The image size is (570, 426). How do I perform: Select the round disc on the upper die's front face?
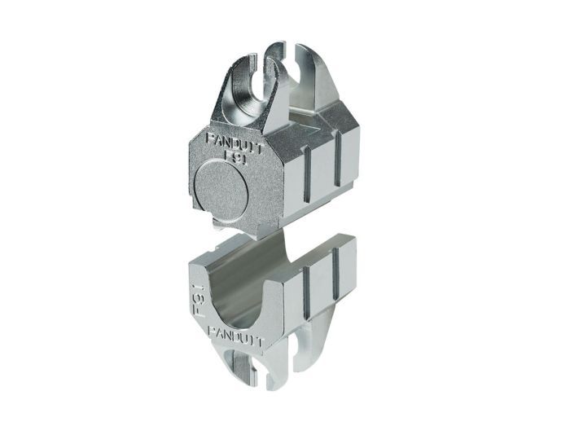coord(221,187)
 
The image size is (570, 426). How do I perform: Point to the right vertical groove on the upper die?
coord(338,159)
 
